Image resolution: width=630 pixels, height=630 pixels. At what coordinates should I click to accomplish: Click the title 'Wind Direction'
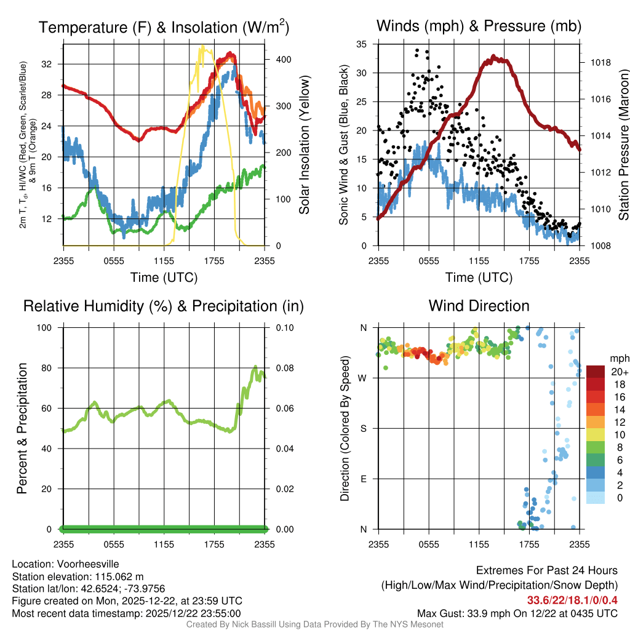click(479, 306)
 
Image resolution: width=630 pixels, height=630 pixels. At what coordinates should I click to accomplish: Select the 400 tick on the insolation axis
click(276, 59)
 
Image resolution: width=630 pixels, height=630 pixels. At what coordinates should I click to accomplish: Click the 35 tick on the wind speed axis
click(362, 44)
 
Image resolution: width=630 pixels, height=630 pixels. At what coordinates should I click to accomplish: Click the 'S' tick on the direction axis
click(364, 428)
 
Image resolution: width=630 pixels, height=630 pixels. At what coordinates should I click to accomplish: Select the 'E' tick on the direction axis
click(364, 479)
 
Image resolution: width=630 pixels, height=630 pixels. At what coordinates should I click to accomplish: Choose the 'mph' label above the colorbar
click(618, 358)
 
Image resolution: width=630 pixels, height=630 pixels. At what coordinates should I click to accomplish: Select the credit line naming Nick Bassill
click(315, 624)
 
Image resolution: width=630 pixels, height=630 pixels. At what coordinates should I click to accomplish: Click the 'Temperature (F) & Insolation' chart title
click(164, 27)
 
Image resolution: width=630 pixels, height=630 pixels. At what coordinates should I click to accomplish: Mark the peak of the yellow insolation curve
click(202, 46)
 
